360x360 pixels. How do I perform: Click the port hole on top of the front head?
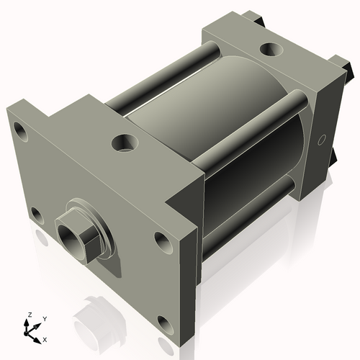(123, 143)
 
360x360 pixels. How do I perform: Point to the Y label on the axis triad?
(44, 319)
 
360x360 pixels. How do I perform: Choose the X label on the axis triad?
(45, 338)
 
